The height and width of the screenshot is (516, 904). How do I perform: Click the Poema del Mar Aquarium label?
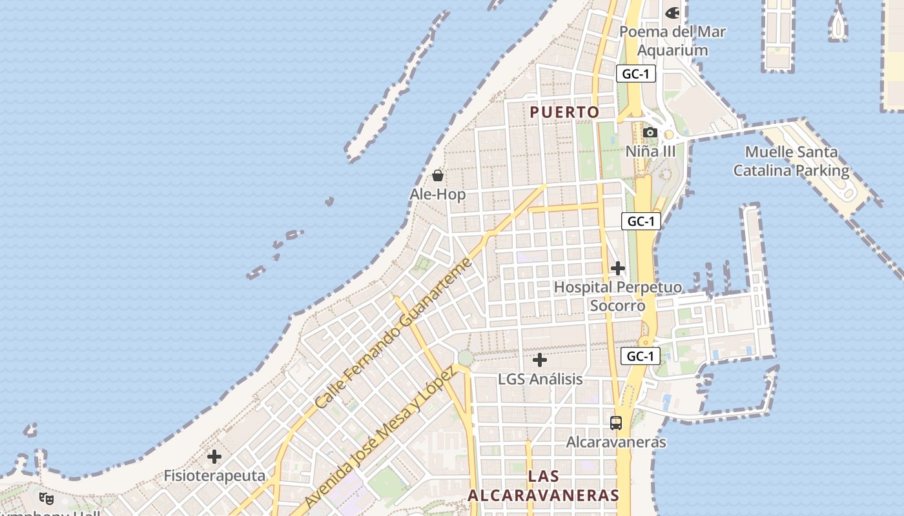[672, 41]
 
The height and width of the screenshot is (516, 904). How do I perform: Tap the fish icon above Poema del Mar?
[672, 12]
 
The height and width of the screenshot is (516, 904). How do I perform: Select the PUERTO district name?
[564, 112]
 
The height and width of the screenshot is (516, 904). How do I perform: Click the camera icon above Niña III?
[650, 133]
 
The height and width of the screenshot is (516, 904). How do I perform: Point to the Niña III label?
[650, 152]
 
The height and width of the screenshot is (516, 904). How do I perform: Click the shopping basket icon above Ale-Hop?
[438, 175]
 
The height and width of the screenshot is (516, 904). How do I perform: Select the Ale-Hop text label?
[438, 194]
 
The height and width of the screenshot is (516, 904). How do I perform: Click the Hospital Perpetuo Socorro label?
[617, 296]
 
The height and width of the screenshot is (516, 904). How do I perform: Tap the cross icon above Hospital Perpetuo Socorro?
[618, 268]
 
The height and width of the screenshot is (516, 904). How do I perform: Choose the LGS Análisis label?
[540, 379]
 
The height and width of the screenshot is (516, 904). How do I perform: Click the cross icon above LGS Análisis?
[540, 360]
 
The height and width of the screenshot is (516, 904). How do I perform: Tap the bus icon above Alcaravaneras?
[616, 423]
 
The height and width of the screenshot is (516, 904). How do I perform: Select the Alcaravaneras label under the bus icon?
[616, 442]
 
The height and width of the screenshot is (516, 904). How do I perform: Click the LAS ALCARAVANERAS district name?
[543, 486]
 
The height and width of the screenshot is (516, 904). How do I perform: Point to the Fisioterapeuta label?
[214, 476]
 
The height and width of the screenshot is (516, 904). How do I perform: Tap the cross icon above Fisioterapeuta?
[214, 457]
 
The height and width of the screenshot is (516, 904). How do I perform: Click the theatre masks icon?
[46, 498]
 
